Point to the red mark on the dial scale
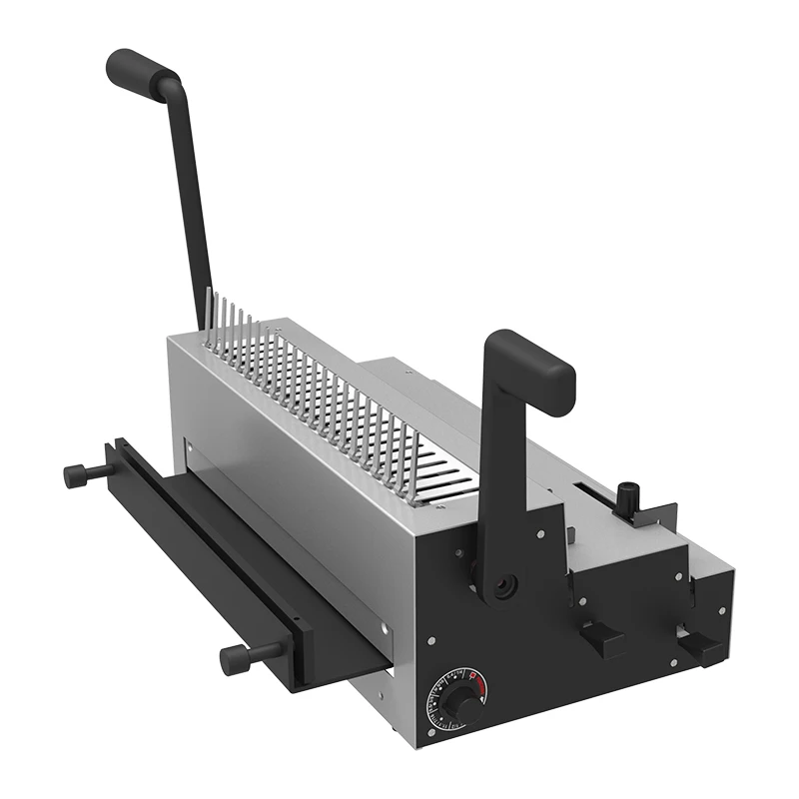476,680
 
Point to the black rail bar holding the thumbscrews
200,559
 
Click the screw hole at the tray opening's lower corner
383,628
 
